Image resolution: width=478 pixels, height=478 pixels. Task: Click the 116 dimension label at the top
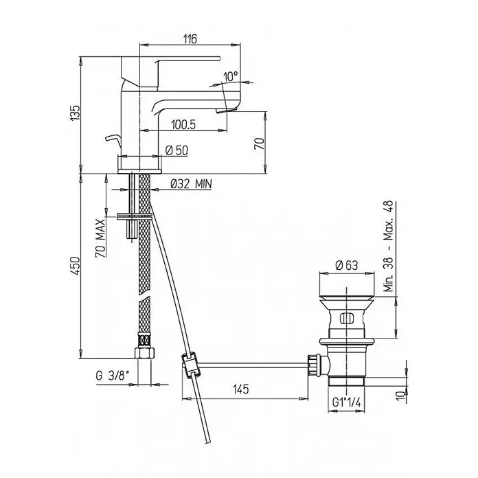[190, 38]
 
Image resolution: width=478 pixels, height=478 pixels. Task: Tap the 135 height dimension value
[76, 113]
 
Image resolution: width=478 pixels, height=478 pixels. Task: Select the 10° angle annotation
[231, 76]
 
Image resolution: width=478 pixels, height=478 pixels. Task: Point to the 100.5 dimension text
[183, 124]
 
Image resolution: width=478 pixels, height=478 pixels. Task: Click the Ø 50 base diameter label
[177, 150]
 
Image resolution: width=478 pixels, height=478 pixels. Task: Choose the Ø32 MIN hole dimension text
[191, 184]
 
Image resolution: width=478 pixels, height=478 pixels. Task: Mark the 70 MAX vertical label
[100, 238]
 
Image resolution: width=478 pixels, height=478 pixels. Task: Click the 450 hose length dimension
[76, 266]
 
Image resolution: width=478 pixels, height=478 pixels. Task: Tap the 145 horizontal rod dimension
[241, 389]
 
